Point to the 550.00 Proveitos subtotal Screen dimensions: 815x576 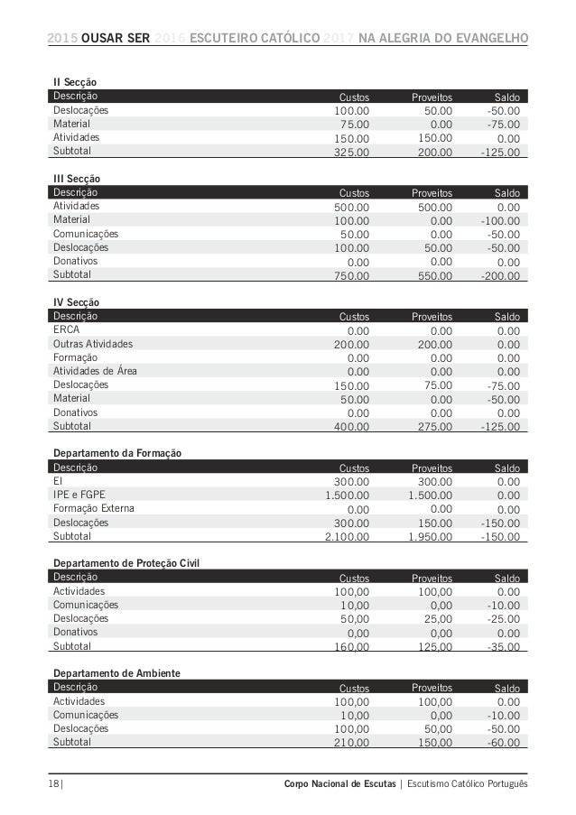click(x=432, y=275)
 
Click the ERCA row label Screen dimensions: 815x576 click(x=66, y=329)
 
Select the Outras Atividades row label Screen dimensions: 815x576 click(x=93, y=344)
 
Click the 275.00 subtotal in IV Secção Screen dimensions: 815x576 click(x=432, y=427)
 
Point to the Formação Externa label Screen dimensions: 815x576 click(x=94, y=508)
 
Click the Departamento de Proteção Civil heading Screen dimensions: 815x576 click(x=125, y=564)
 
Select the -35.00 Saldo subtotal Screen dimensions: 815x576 click(x=501, y=647)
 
